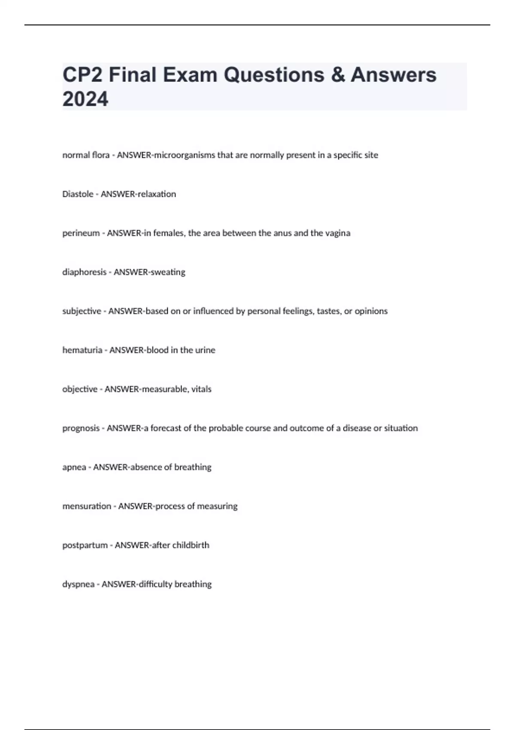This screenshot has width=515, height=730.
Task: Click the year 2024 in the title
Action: [85, 99]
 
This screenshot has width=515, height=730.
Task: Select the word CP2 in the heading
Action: [84, 75]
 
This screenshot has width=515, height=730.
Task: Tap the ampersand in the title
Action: [338, 75]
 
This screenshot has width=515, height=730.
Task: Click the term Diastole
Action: [78, 194]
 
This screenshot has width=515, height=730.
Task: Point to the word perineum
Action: [81, 233]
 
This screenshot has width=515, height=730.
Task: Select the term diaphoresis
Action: [84, 272]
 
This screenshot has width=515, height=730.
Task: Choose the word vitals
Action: [201, 389]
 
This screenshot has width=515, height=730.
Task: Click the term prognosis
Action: [81, 428]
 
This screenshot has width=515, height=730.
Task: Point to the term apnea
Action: [74, 467]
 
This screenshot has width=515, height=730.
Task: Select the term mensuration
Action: [87, 506]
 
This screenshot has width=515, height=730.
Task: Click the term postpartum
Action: [85, 545]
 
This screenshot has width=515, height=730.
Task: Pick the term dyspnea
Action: [78, 584]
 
